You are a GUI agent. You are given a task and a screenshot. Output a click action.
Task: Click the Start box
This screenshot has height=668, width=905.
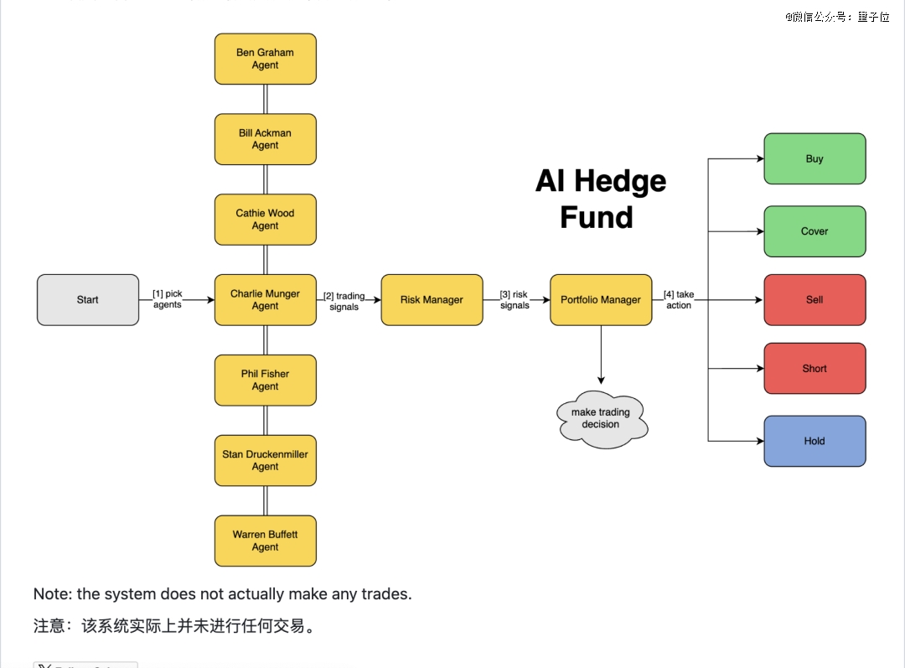[88, 300]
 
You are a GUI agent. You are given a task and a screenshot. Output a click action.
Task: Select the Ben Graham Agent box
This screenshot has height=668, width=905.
[266, 59]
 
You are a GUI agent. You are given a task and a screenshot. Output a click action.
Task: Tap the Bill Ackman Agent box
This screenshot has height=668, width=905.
[266, 139]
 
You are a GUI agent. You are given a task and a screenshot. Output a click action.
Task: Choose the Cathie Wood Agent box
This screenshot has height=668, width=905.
[266, 220]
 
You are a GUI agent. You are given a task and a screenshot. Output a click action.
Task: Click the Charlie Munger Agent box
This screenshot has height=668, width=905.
[266, 300]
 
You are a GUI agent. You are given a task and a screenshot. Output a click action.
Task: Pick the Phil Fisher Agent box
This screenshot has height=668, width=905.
[266, 381]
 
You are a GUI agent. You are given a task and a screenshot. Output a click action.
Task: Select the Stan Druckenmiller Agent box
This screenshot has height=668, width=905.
[266, 460]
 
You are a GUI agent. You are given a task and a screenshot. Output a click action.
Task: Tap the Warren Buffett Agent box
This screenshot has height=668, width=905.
[266, 541]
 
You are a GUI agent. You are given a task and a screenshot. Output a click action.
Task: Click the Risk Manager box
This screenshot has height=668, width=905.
[432, 300]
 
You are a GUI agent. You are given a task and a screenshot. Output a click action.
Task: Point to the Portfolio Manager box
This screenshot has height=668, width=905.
[601, 300]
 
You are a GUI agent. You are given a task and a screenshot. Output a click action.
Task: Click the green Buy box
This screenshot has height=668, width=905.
[814, 158]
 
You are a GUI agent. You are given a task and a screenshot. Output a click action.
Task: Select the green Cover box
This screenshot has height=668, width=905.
[814, 231]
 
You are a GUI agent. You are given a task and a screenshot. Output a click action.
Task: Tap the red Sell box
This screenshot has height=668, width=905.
[814, 300]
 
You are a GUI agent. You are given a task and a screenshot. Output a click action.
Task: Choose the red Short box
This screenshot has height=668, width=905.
[814, 369]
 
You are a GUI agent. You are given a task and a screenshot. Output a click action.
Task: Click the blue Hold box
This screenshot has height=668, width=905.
[814, 441]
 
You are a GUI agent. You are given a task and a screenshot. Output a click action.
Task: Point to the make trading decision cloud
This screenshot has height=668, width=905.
[601, 418]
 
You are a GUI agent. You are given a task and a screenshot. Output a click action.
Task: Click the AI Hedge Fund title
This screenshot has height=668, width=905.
[601, 199]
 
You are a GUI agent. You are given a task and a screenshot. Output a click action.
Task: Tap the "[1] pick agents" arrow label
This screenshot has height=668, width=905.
[168, 299]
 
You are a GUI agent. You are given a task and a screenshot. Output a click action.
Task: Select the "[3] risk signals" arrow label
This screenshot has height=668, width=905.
[515, 300]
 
